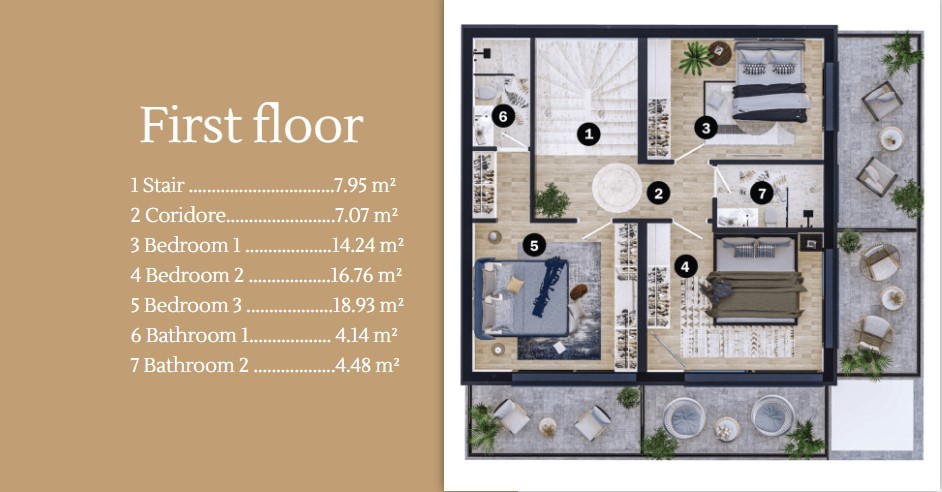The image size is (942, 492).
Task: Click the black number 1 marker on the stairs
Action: pos(589,134)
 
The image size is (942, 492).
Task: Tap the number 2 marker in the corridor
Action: pos(658,193)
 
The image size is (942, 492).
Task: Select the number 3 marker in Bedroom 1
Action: pos(706,127)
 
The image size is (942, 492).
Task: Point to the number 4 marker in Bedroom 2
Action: pos(685,266)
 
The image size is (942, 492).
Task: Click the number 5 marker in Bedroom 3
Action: pos(534,244)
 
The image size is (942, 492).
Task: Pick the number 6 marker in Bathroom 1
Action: pos(503,116)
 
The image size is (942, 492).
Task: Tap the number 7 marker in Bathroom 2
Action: pos(762,193)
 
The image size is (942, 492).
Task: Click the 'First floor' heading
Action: pos(252,124)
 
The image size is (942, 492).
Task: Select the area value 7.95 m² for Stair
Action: pos(365,185)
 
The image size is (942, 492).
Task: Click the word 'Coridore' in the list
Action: pos(186,215)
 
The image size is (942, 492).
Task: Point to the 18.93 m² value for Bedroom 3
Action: pos(368,305)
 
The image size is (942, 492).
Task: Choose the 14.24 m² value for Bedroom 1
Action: pos(368,245)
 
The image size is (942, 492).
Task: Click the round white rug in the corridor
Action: pos(617,187)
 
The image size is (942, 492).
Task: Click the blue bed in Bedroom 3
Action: pos(521,297)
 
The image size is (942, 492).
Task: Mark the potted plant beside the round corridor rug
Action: pos(552,200)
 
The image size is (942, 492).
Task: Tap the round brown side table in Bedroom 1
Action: pos(720,53)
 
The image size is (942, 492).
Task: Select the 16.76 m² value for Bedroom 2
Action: pos(366,275)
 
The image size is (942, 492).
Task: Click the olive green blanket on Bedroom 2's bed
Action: pos(756,294)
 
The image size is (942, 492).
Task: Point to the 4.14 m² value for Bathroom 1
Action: pos(366,335)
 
